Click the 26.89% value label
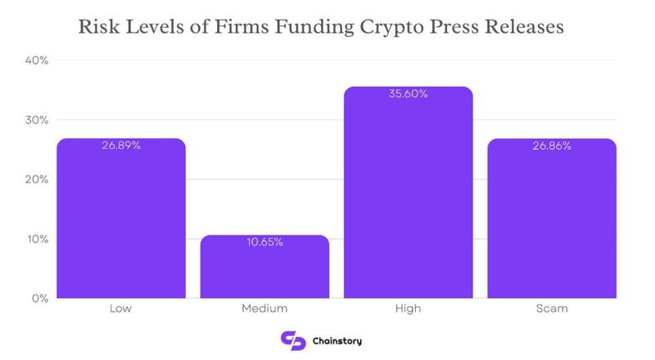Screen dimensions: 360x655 click(121, 146)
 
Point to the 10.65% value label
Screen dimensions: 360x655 click(264, 243)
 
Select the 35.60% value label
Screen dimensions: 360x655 click(408, 94)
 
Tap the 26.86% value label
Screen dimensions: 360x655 click(551, 146)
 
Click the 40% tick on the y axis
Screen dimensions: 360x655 click(38, 61)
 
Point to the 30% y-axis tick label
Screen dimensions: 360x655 click(38, 120)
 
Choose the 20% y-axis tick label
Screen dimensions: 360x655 click(38, 180)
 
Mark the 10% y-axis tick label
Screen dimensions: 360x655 click(38, 240)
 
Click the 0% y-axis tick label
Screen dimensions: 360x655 click(41, 299)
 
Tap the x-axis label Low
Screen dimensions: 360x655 click(121, 309)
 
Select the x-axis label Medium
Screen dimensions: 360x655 click(264, 309)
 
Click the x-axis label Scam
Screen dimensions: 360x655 click(551, 309)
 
